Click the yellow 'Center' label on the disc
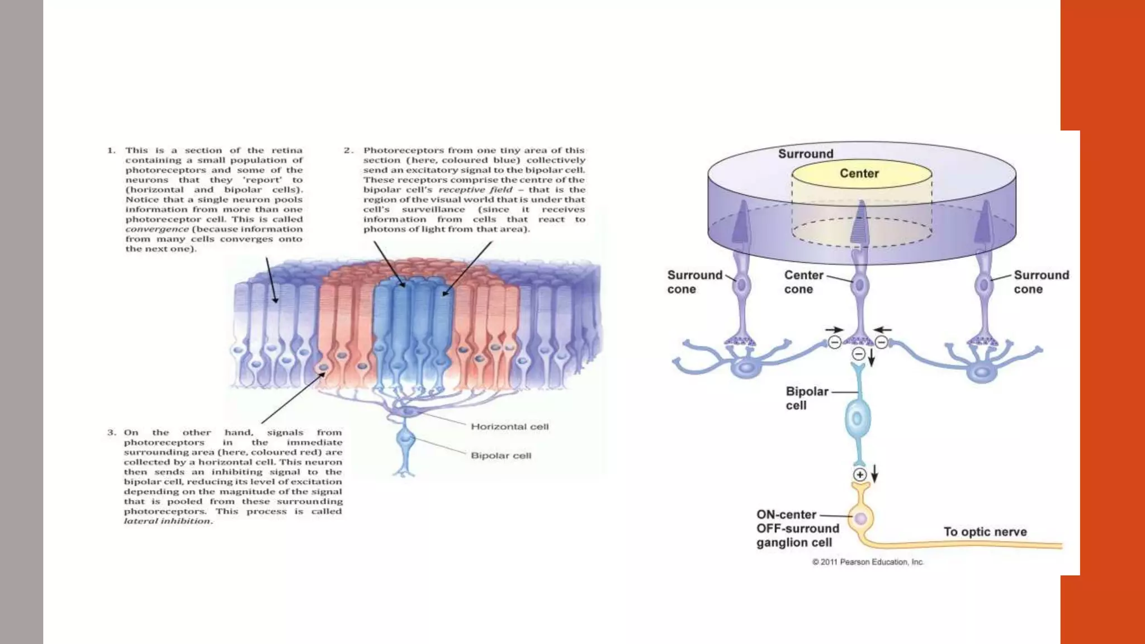[x=859, y=173]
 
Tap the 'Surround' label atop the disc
[x=806, y=154]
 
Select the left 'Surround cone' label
[x=694, y=282]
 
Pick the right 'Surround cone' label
[x=1041, y=282]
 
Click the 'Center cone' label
[x=803, y=282]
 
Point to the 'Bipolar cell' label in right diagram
[x=807, y=398]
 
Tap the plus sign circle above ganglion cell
[x=860, y=475]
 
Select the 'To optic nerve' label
[x=985, y=532]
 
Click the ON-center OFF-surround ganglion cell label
[x=797, y=528]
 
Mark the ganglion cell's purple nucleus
[x=861, y=518]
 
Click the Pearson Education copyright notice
[x=868, y=562]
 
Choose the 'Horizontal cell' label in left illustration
[x=509, y=427]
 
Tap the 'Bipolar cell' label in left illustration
[x=501, y=456]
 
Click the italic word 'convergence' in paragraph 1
[x=157, y=229]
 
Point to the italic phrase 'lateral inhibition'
[x=168, y=521]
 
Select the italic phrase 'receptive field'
[x=475, y=190]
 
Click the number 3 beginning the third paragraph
[x=111, y=432]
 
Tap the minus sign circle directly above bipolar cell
[x=859, y=353]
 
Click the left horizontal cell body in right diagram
[x=746, y=368]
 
